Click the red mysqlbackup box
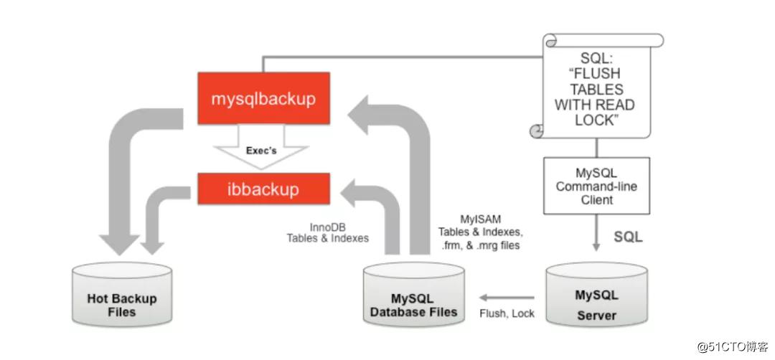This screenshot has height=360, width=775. pyautogui.click(x=263, y=99)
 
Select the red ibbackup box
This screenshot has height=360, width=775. pyautogui.click(x=263, y=189)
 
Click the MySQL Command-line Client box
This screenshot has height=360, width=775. pyautogui.click(x=596, y=186)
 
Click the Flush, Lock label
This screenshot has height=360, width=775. pyautogui.click(x=507, y=314)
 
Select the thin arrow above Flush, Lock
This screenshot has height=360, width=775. pyautogui.click(x=507, y=297)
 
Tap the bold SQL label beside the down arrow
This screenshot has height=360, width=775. pyautogui.click(x=629, y=236)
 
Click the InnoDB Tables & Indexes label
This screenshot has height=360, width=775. pyautogui.click(x=327, y=232)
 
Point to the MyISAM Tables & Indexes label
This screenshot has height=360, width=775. pyautogui.click(x=479, y=231)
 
